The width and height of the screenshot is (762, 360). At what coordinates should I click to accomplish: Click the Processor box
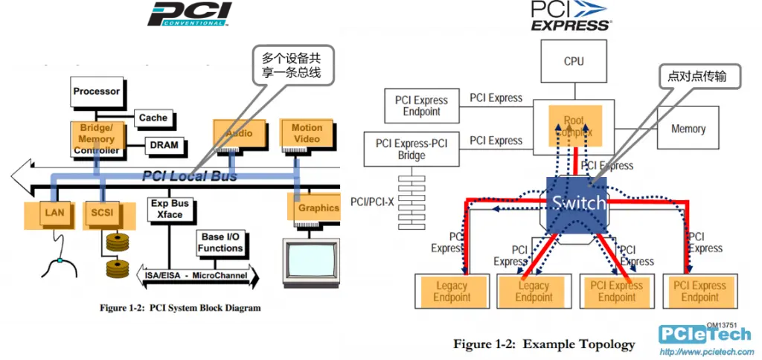97,91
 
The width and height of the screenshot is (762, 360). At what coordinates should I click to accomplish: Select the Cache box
153,118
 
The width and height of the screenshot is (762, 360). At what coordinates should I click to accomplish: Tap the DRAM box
164,145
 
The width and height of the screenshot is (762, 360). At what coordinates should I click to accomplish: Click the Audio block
234,132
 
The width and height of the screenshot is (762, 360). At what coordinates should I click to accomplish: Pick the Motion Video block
307,132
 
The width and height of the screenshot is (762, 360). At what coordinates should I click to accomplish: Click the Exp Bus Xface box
170,209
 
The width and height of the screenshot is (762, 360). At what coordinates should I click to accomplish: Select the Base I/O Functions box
220,242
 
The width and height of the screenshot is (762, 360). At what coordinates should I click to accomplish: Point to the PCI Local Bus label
189,176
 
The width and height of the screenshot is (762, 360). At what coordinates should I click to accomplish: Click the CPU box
574,61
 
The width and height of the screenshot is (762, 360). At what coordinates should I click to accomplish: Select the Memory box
688,129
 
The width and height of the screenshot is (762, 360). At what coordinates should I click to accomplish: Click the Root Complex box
574,126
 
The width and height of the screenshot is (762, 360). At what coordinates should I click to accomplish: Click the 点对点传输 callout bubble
693,76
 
